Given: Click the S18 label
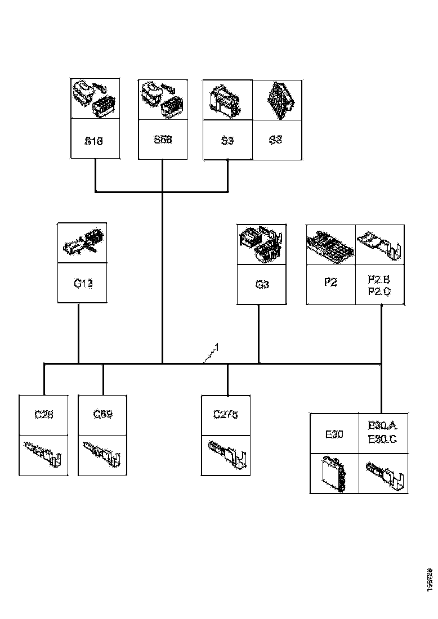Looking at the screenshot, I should [x=94, y=141].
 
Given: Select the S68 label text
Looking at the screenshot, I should [x=162, y=140].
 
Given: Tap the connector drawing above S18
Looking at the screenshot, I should [x=94, y=99].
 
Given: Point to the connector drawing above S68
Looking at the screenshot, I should [x=162, y=99].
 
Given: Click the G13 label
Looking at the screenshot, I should [x=83, y=284].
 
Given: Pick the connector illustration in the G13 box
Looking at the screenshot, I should [x=83, y=243].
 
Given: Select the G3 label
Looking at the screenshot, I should [x=262, y=284].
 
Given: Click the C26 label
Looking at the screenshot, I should [x=43, y=415].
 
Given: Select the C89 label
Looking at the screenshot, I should [x=102, y=415].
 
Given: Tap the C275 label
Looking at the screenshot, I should [x=225, y=415].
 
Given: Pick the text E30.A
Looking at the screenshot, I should [x=383, y=426].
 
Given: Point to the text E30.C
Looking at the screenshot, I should [x=383, y=439].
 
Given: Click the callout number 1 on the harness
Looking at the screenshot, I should [x=216, y=347].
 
